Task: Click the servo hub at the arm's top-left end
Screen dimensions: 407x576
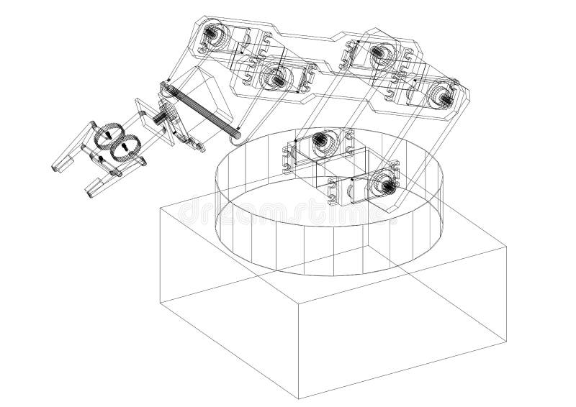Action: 214,33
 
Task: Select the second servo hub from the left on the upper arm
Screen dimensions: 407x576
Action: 275,76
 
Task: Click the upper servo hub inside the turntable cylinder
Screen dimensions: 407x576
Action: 322,141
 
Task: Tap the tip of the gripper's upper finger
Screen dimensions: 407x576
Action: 56,166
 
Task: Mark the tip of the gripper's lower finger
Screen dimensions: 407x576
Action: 90,191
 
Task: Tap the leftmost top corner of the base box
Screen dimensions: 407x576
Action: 159,209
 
